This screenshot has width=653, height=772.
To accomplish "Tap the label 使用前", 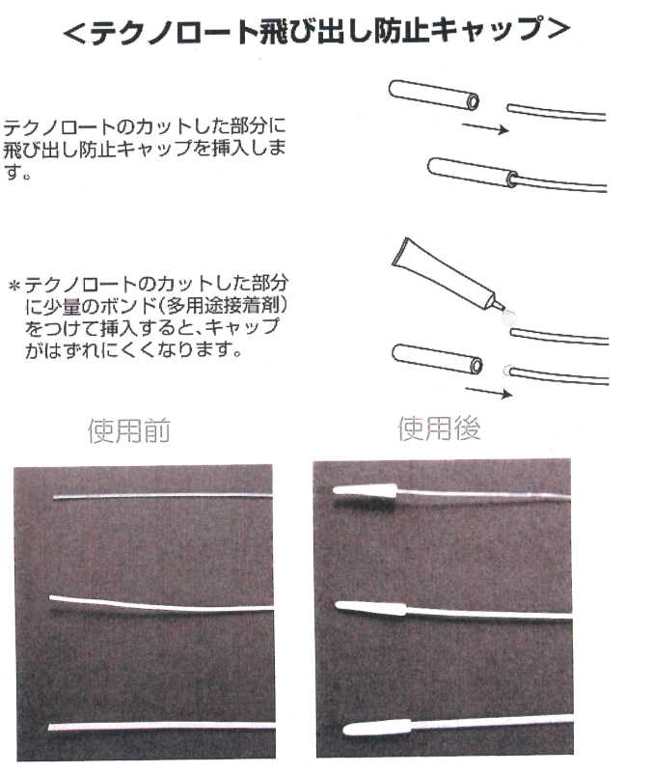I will [128, 430].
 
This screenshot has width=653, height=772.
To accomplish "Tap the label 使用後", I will [439, 428].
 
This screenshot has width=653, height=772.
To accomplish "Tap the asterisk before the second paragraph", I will [14, 287].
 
